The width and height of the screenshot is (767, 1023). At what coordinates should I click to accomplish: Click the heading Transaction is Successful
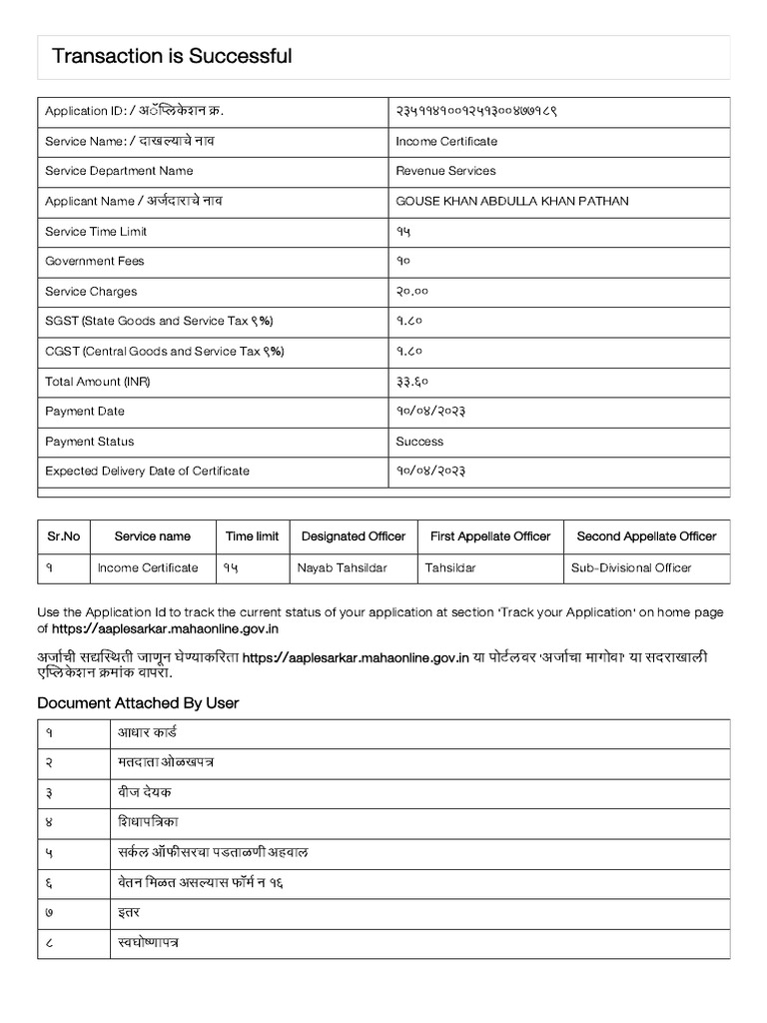pyautogui.click(x=172, y=57)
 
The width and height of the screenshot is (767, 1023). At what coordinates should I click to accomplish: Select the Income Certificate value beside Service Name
pyautogui.click(x=446, y=142)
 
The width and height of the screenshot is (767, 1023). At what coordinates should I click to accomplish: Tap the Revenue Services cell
pyautogui.click(x=445, y=172)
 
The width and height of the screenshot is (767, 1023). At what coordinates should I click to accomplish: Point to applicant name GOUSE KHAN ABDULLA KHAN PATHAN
pyautogui.click(x=512, y=202)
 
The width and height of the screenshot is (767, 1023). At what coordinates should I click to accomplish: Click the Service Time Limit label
pyautogui.click(x=96, y=232)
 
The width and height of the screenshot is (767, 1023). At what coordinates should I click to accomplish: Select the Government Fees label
pyautogui.click(x=95, y=262)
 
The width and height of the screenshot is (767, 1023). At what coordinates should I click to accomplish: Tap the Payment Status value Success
pyautogui.click(x=419, y=442)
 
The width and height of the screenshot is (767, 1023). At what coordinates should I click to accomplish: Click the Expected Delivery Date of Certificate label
pyautogui.click(x=148, y=472)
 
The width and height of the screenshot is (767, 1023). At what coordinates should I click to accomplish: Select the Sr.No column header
pyautogui.click(x=64, y=536)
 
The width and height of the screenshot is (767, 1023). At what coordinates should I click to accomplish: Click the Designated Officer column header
pyautogui.click(x=354, y=536)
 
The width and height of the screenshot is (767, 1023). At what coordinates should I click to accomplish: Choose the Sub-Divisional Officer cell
pyautogui.click(x=631, y=568)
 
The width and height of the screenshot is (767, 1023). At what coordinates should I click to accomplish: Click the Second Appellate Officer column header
pyautogui.click(x=646, y=536)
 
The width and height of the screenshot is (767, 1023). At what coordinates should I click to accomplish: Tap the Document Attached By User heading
pyautogui.click(x=138, y=703)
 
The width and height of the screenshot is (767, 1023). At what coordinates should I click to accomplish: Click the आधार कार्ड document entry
pyautogui.click(x=146, y=732)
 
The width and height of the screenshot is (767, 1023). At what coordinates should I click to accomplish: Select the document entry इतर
pyautogui.click(x=128, y=912)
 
